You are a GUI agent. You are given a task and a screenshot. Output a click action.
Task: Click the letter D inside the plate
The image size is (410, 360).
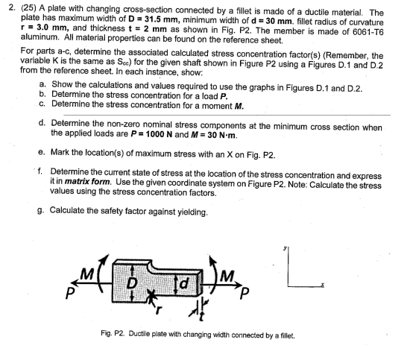click(x=136, y=283)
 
